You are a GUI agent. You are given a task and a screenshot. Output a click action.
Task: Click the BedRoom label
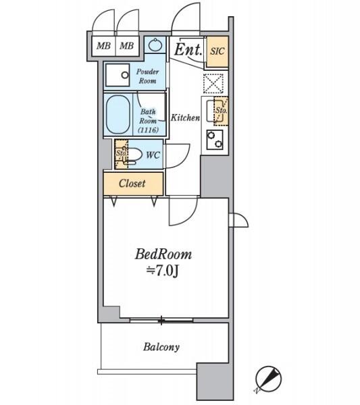[163, 254]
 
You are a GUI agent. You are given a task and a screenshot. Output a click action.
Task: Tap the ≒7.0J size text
[163, 271]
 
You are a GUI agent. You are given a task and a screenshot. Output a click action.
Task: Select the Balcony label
[161, 347]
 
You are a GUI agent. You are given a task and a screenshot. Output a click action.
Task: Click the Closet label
[132, 184]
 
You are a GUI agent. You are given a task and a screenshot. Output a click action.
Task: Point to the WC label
[153, 155]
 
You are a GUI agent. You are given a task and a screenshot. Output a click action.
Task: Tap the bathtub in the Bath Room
[118, 115]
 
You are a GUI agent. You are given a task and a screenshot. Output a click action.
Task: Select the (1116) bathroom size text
[149, 130]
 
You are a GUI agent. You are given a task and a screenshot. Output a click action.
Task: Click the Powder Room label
[147, 76]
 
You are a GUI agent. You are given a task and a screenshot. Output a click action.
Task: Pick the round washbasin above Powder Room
[155, 45]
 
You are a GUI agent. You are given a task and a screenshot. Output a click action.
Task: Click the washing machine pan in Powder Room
[118, 75]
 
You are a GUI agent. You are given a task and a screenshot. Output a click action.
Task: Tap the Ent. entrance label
[188, 49]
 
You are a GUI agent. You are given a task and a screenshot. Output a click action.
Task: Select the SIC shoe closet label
[217, 51]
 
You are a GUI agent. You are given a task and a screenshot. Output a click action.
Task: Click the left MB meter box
[103, 46]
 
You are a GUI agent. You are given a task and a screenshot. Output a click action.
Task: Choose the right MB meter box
[127, 46]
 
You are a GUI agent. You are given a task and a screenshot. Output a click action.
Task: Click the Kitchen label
[185, 117]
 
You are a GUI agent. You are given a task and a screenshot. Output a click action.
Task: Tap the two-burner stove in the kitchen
[215, 140]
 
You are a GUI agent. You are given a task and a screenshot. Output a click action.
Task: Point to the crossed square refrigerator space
[213, 84]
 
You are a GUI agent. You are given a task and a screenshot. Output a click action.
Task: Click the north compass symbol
[268, 379]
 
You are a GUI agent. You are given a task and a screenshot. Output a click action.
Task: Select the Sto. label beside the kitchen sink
[222, 111]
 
